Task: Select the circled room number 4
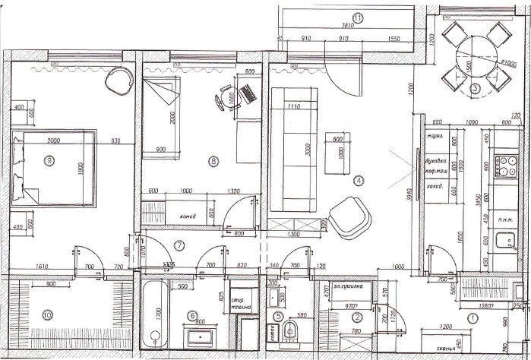click(x=359, y=181)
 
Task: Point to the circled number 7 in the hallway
click(x=179, y=245)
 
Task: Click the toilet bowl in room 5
click(x=289, y=331)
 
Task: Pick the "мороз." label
click(x=435, y=137)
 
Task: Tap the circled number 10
click(x=48, y=314)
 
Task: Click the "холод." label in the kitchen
click(x=435, y=186)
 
